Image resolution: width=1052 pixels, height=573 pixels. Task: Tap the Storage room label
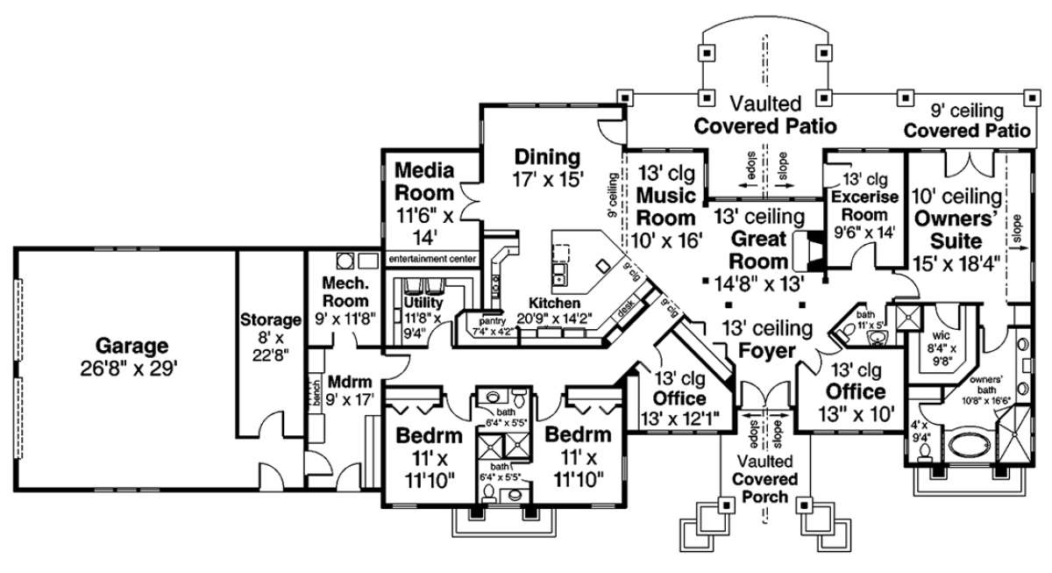point(270,316)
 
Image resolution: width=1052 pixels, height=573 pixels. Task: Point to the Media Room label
point(424,181)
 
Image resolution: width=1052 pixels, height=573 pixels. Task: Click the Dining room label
point(547,158)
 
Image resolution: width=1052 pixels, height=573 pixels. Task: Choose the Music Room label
point(666,205)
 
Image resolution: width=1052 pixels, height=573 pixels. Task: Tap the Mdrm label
point(351,383)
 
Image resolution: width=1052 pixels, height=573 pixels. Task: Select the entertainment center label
point(431,260)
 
